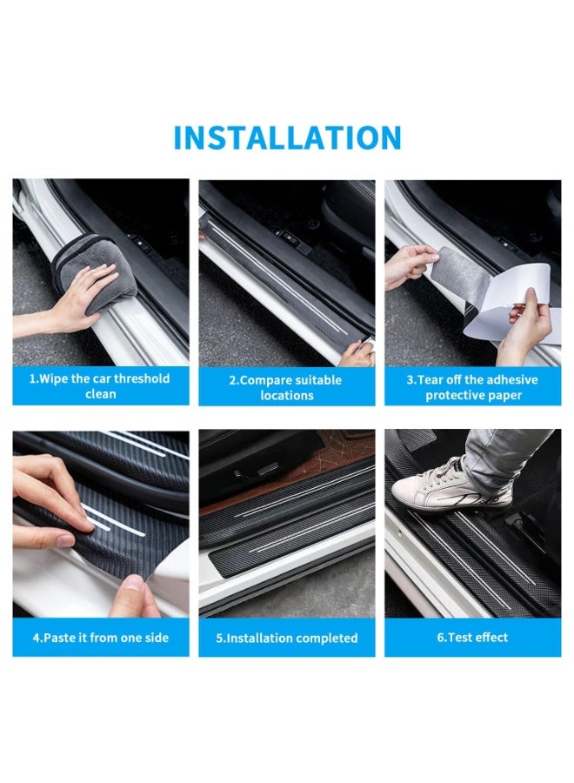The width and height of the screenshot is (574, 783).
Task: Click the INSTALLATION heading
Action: (287, 138)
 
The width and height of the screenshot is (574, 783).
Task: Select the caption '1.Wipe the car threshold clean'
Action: (101, 386)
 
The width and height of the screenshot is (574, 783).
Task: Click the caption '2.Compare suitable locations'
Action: (286, 387)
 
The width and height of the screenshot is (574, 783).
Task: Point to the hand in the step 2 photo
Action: (357, 353)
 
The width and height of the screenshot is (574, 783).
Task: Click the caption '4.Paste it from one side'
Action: (101, 638)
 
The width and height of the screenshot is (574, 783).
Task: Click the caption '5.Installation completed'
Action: (286, 638)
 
